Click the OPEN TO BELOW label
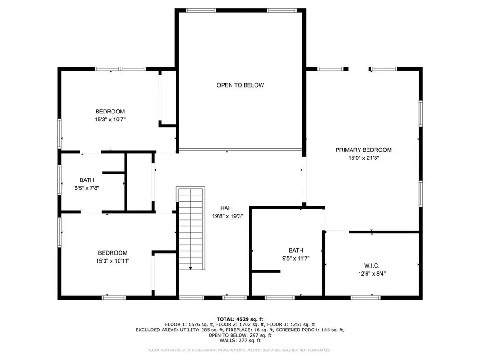click(240, 85)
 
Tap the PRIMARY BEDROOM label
click(363, 150)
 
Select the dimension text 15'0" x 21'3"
click(363, 157)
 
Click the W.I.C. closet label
click(372, 265)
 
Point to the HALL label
click(227, 208)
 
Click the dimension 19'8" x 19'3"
click(227, 216)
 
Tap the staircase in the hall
click(191, 228)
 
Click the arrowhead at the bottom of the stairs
click(190, 268)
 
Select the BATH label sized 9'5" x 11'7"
click(296, 250)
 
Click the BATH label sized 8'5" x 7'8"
click(87, 180)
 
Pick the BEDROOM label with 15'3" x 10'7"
click(110, 112)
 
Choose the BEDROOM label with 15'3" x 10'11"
click(112, 253)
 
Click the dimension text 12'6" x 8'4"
click(372, 273)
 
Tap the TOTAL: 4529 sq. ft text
click(240, 319)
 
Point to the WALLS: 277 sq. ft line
click(240, 340)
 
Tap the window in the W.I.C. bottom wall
click(366, 297)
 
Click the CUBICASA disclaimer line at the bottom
click(240, 350)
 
